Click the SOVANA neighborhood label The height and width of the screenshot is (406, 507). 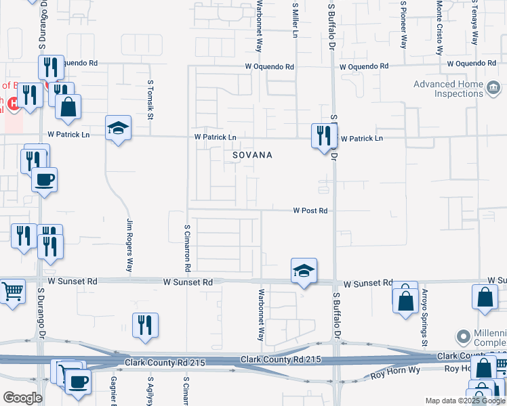[x=252, y=155]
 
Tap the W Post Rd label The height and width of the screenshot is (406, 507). [x=310, y=210]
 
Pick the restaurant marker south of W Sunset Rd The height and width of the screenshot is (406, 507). [x=145, y=325]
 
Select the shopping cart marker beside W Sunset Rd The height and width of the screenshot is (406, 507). [x=12, y=292]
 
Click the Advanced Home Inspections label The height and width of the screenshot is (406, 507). [x=448, y=89]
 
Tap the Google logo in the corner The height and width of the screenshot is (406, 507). [x=22, y=397]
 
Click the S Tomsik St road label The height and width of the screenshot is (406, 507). [x=150, y=99]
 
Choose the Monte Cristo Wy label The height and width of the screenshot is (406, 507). [x=439, y=27]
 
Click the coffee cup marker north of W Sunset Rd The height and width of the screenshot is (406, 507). [x=45, y=180]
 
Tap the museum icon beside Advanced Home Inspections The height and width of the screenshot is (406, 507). [x=493, y=86]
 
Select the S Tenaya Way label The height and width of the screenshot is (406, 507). [x=475, y=24]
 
